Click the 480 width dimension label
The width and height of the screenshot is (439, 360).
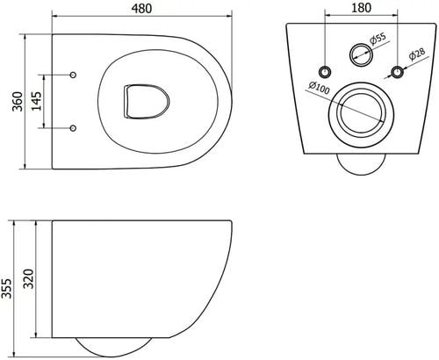coord(141,9)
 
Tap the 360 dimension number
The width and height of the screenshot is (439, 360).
coord(18,101)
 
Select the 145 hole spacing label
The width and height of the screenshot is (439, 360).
coord(37,101)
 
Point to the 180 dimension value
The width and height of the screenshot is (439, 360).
coord(361,8)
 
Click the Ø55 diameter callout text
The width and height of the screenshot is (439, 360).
coord(378,39)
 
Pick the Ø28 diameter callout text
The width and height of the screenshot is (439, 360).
coord(417,54)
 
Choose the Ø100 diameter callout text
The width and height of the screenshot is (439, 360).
coord(319,88)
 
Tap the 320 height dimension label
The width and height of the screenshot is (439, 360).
coord(29,278)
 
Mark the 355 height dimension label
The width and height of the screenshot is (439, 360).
coord(6,288)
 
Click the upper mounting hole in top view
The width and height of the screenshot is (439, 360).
coord(73,75)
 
